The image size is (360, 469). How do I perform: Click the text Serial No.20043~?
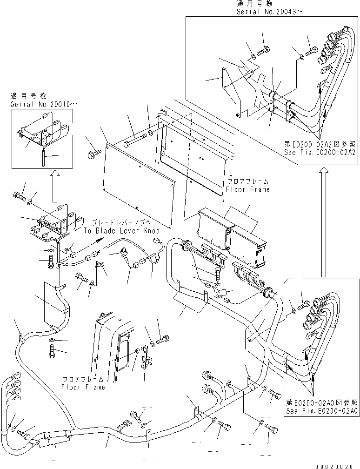tap(268, 12)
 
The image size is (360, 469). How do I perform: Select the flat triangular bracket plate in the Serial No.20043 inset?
tap(230, 91)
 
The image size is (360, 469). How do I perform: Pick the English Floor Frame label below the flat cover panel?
tap(247, 190)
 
